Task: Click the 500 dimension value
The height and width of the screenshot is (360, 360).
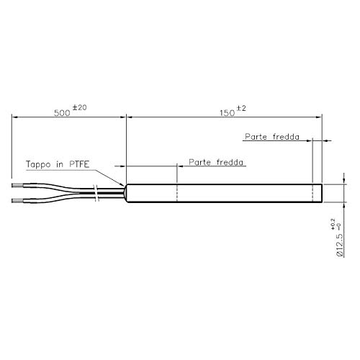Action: (63, 112)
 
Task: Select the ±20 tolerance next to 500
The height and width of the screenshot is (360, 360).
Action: (80, 107)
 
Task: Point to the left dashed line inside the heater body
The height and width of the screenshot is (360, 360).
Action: (177, 192)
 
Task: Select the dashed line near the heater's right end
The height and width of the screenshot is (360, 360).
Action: (312, 192)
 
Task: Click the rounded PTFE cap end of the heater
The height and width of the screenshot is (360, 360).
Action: (128, 192)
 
